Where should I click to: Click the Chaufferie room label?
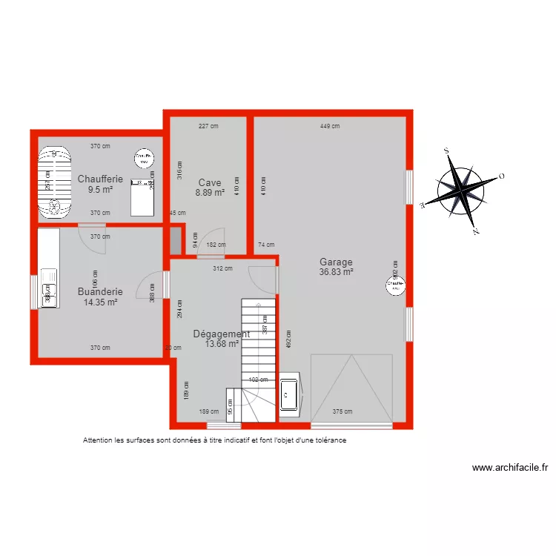pyautogui.click(x=100, y=179)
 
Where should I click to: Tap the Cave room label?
pyautogui.click(x=210, y=182)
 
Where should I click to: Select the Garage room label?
pyautogui.click(x=336, y=262)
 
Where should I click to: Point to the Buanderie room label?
pyautogui.click(x=100, y=291)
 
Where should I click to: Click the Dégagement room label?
pyautogui.click(x=221, y=334)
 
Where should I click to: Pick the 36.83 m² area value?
pyautogui.click(x=336, y=272)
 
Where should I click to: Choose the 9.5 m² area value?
pyautogui.click(x=100, y=189)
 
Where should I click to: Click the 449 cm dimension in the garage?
pyautogui.click(x=330, y=126)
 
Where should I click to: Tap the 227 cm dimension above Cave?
pyautogui.click(x=209, y=126)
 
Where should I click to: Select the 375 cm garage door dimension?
pyautogui.click(x=342, y=412)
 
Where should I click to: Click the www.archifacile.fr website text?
pyautogui.click(x=509, y=468)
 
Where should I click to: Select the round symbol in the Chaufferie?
pyautogui.click(x=145, y=159)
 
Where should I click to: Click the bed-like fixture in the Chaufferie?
pyautogui.click(x=142, y=196)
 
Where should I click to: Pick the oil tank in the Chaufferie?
pyautogui.click(x=53, y=182)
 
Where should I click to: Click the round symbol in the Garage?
pyautogui.click(x=395, y=283)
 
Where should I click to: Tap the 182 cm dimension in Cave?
pyautogui.click(x=216, y=245)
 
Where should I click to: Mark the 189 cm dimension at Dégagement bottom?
pyautogui.click(x=209, y=411)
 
